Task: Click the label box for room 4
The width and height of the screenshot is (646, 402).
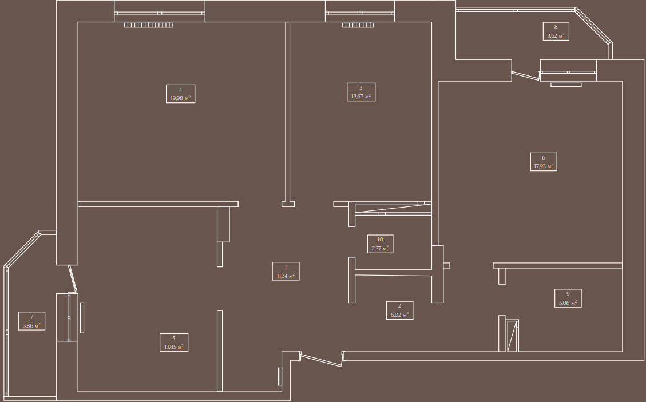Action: [180, 94]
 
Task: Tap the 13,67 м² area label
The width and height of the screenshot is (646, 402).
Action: [361, 92]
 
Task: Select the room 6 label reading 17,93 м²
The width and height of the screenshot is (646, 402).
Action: [544, 162]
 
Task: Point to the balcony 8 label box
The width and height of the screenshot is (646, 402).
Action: [556, 31]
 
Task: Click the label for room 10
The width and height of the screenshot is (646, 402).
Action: [380, 244]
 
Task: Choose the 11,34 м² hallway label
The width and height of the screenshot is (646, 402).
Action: [286, 272]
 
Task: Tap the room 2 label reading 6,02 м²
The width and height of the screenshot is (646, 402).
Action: [399, 310]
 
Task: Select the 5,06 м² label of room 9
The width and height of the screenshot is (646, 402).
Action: [568, 298]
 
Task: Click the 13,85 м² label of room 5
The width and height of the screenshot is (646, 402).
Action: [173, 343]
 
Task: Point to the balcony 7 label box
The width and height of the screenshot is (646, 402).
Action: [31, 321]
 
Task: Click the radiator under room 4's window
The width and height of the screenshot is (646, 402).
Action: [148, 25]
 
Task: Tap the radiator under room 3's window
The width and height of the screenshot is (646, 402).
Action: [358, 25]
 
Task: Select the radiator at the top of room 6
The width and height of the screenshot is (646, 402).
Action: [566, 85]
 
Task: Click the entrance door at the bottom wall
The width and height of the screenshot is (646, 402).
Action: [322, 359]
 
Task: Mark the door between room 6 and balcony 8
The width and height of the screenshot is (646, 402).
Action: [525, 75]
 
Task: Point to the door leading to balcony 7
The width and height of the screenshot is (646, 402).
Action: [73, 279]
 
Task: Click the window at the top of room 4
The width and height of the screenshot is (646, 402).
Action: [160, 13]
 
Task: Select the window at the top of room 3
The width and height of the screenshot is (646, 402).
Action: [360, 13]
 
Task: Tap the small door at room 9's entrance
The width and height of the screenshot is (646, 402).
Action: [512, 336]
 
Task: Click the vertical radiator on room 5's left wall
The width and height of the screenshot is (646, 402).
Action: [82, 317]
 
